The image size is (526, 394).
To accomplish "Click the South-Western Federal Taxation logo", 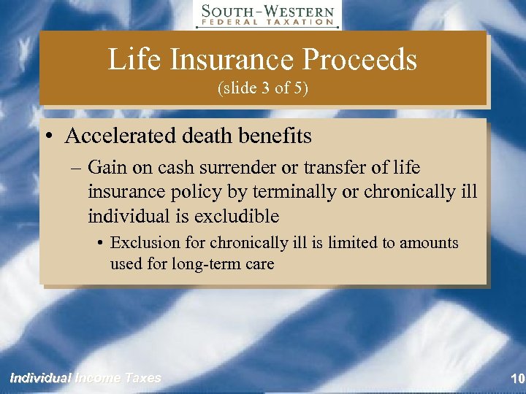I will (268, 15).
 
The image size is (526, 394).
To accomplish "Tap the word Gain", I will (106, 168).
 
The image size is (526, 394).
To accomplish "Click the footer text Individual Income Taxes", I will (85, 378).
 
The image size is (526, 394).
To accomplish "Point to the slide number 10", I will (517, 378).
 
